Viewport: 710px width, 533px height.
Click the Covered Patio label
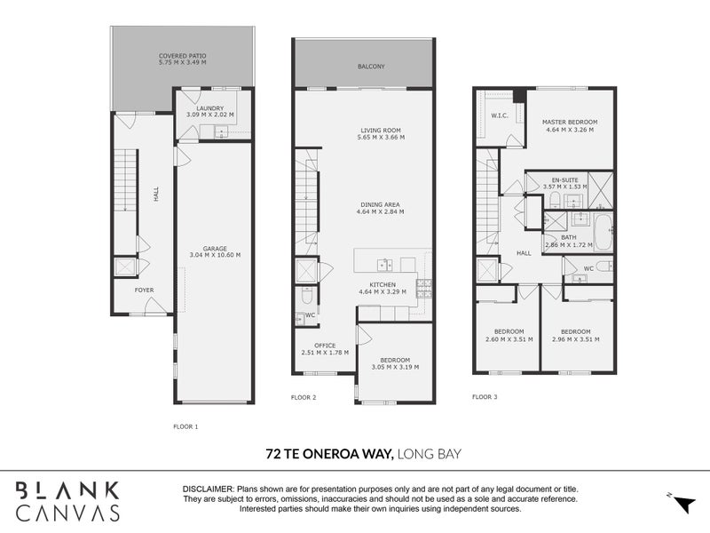click(x=182, y=55)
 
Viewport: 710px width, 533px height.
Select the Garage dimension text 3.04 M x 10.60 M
click(x=215, y=255)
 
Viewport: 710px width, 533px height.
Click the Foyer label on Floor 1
click(x=143, y=290)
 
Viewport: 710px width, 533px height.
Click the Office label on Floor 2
click(x=323, y=346)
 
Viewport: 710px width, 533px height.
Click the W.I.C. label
click(x=499, y=115)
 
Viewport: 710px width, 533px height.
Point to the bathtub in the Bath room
click(x=603, y=233)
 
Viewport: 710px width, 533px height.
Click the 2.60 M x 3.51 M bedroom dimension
click(x=507, y=339)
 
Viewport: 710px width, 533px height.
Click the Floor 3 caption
click(x=485, y=396)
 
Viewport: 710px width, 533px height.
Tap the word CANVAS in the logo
click(x=69, y=513)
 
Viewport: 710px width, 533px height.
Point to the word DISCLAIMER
click(x=208, y=489)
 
